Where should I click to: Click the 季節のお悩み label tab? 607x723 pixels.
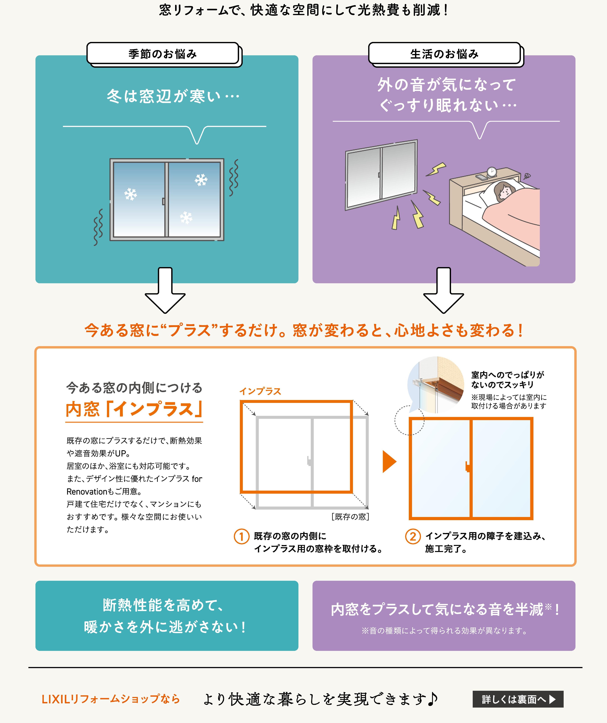coord(163,54)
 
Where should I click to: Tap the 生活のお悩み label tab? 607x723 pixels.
coord(444,54)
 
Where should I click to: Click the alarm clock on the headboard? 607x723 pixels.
coord(492,172)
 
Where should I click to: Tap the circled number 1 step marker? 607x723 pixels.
coord(241,536)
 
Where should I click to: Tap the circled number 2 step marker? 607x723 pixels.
coord(413,536)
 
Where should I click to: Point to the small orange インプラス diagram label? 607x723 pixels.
coord(260,391)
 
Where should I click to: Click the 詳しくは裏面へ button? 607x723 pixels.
coord(518,699)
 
